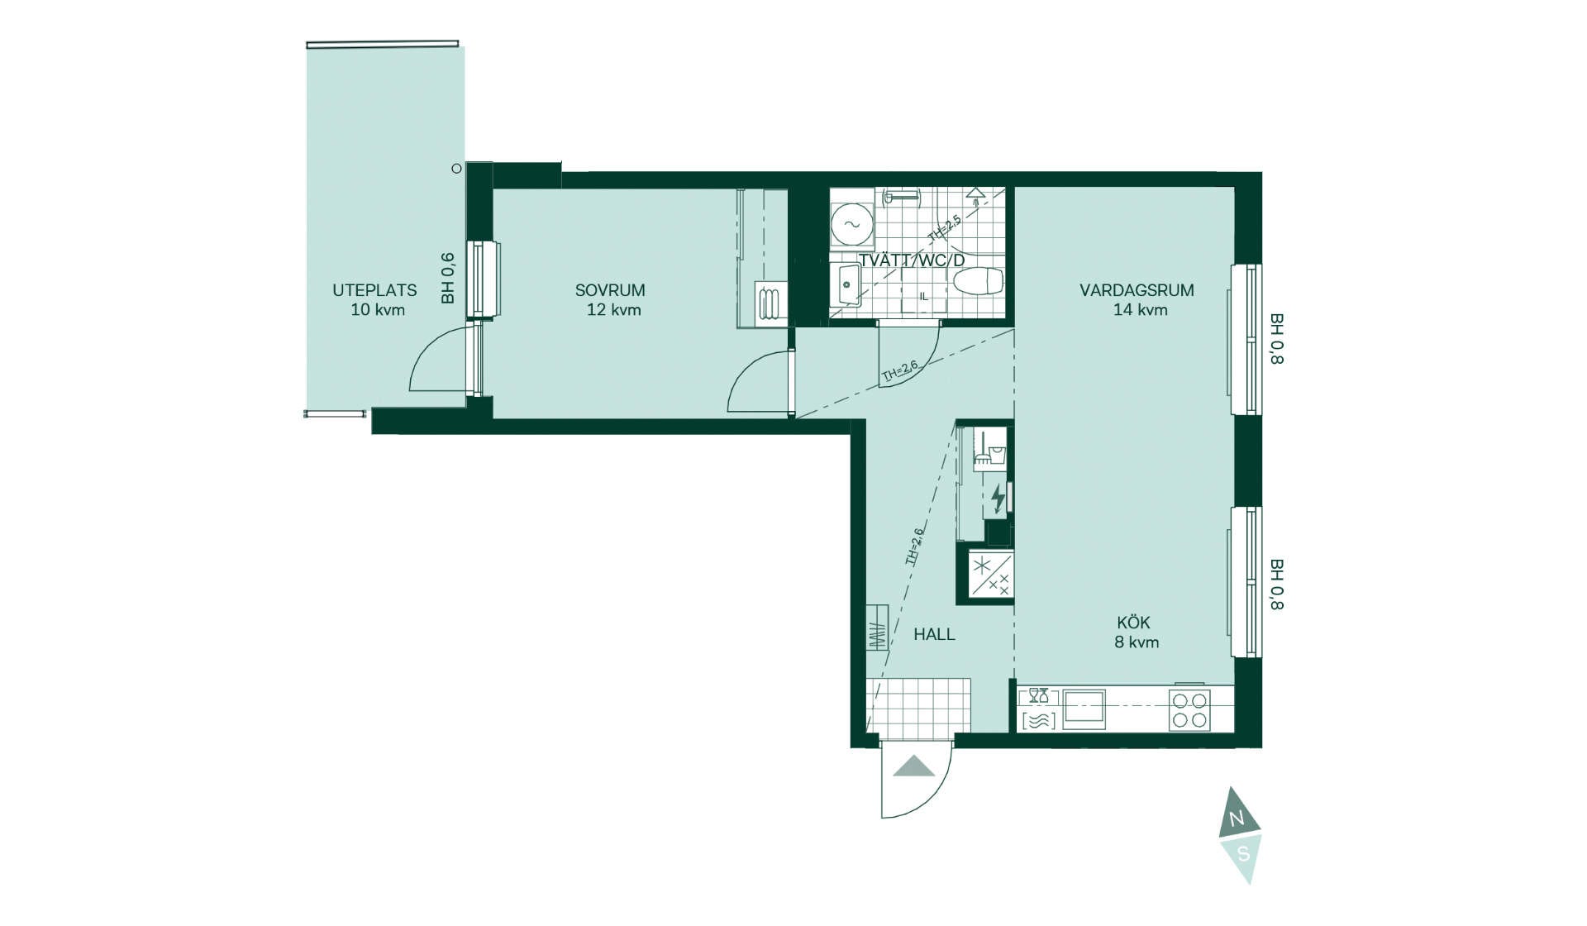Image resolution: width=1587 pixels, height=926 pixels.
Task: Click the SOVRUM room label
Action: [x=610, y=290]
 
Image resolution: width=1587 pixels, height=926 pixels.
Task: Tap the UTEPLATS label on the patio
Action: [x=374, y=290]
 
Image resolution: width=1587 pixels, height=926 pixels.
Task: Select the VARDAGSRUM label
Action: [x=1137, y=290]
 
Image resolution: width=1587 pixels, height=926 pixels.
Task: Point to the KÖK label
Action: [x=1133, y=622]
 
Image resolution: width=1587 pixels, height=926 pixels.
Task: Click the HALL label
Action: [x=934, y=634]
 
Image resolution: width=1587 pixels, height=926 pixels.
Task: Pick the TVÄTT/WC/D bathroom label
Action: [x=912, y=260]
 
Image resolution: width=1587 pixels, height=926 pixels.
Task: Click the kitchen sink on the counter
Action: [x=1084, y=709]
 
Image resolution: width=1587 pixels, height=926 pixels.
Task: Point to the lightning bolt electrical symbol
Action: [x=998, y=499]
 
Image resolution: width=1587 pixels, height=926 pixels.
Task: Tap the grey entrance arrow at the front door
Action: [x=914, y=766]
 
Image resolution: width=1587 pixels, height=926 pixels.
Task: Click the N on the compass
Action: [x=1237, y=819]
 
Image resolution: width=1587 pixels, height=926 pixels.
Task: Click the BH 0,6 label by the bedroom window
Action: [x=448, y=278]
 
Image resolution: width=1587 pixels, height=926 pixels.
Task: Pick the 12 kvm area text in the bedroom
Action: [x=613, y=310]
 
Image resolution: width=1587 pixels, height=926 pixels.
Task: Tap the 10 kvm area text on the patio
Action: [x=378, y=310]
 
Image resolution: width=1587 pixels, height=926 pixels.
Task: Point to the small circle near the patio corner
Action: [x=456, y=169]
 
